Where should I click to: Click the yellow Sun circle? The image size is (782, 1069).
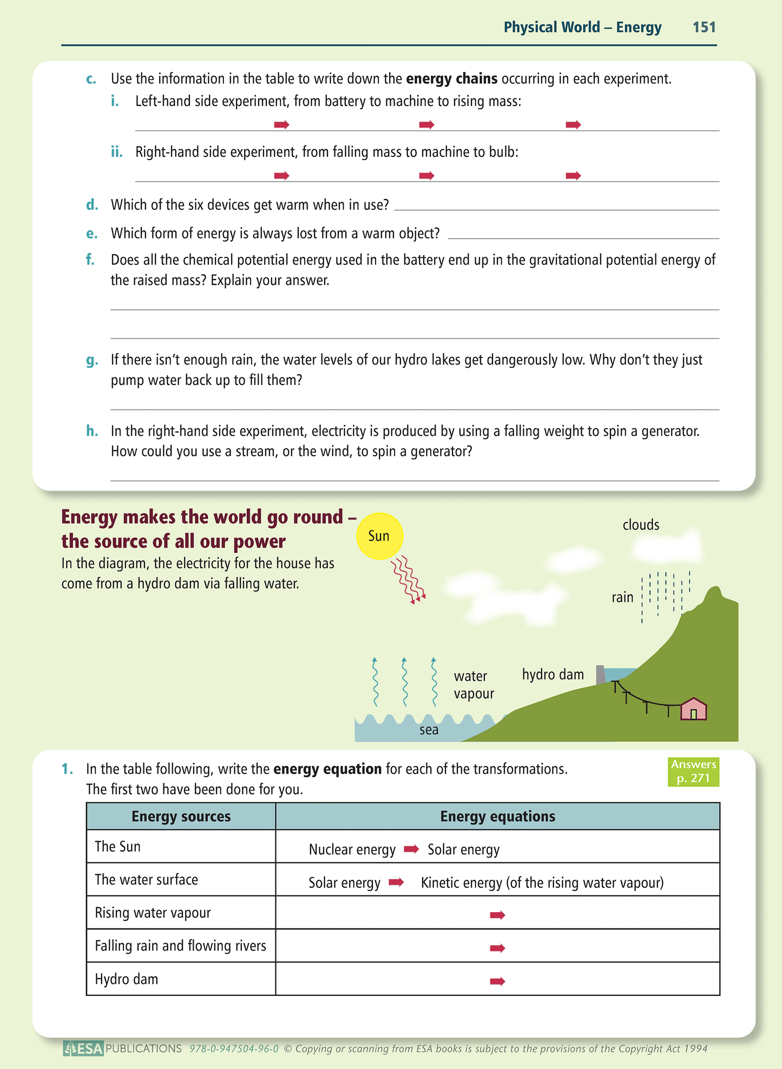[379, 536]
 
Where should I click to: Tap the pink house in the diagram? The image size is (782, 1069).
[693, 709]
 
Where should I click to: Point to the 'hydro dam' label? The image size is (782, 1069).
[553, 674]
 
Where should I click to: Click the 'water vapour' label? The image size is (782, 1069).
[474, 685]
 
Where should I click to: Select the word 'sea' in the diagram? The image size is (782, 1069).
[429, 730]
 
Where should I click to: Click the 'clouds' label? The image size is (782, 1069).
[641, 524]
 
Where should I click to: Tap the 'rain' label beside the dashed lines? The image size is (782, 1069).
[622, 597]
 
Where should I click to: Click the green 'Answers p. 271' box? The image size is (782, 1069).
[693, 771]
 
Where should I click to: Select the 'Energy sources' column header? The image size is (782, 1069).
[181, 816]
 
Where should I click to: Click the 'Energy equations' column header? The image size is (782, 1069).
[497, 816]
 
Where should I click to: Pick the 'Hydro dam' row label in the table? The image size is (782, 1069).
[127, 979]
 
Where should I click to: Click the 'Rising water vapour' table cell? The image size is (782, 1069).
[153, 913]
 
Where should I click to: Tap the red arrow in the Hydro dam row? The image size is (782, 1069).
[497, 981]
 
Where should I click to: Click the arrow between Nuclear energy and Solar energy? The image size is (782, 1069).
[411, 849]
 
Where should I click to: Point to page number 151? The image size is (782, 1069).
[704, 27]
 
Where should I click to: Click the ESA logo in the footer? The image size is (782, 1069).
[83, 1048]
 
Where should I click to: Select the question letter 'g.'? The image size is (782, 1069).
[92, 360]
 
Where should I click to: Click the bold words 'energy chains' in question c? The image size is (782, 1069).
[451, 79]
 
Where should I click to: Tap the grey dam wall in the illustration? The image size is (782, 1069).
[600, 675]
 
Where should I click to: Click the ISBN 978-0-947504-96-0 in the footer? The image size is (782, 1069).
[234, 1049]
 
